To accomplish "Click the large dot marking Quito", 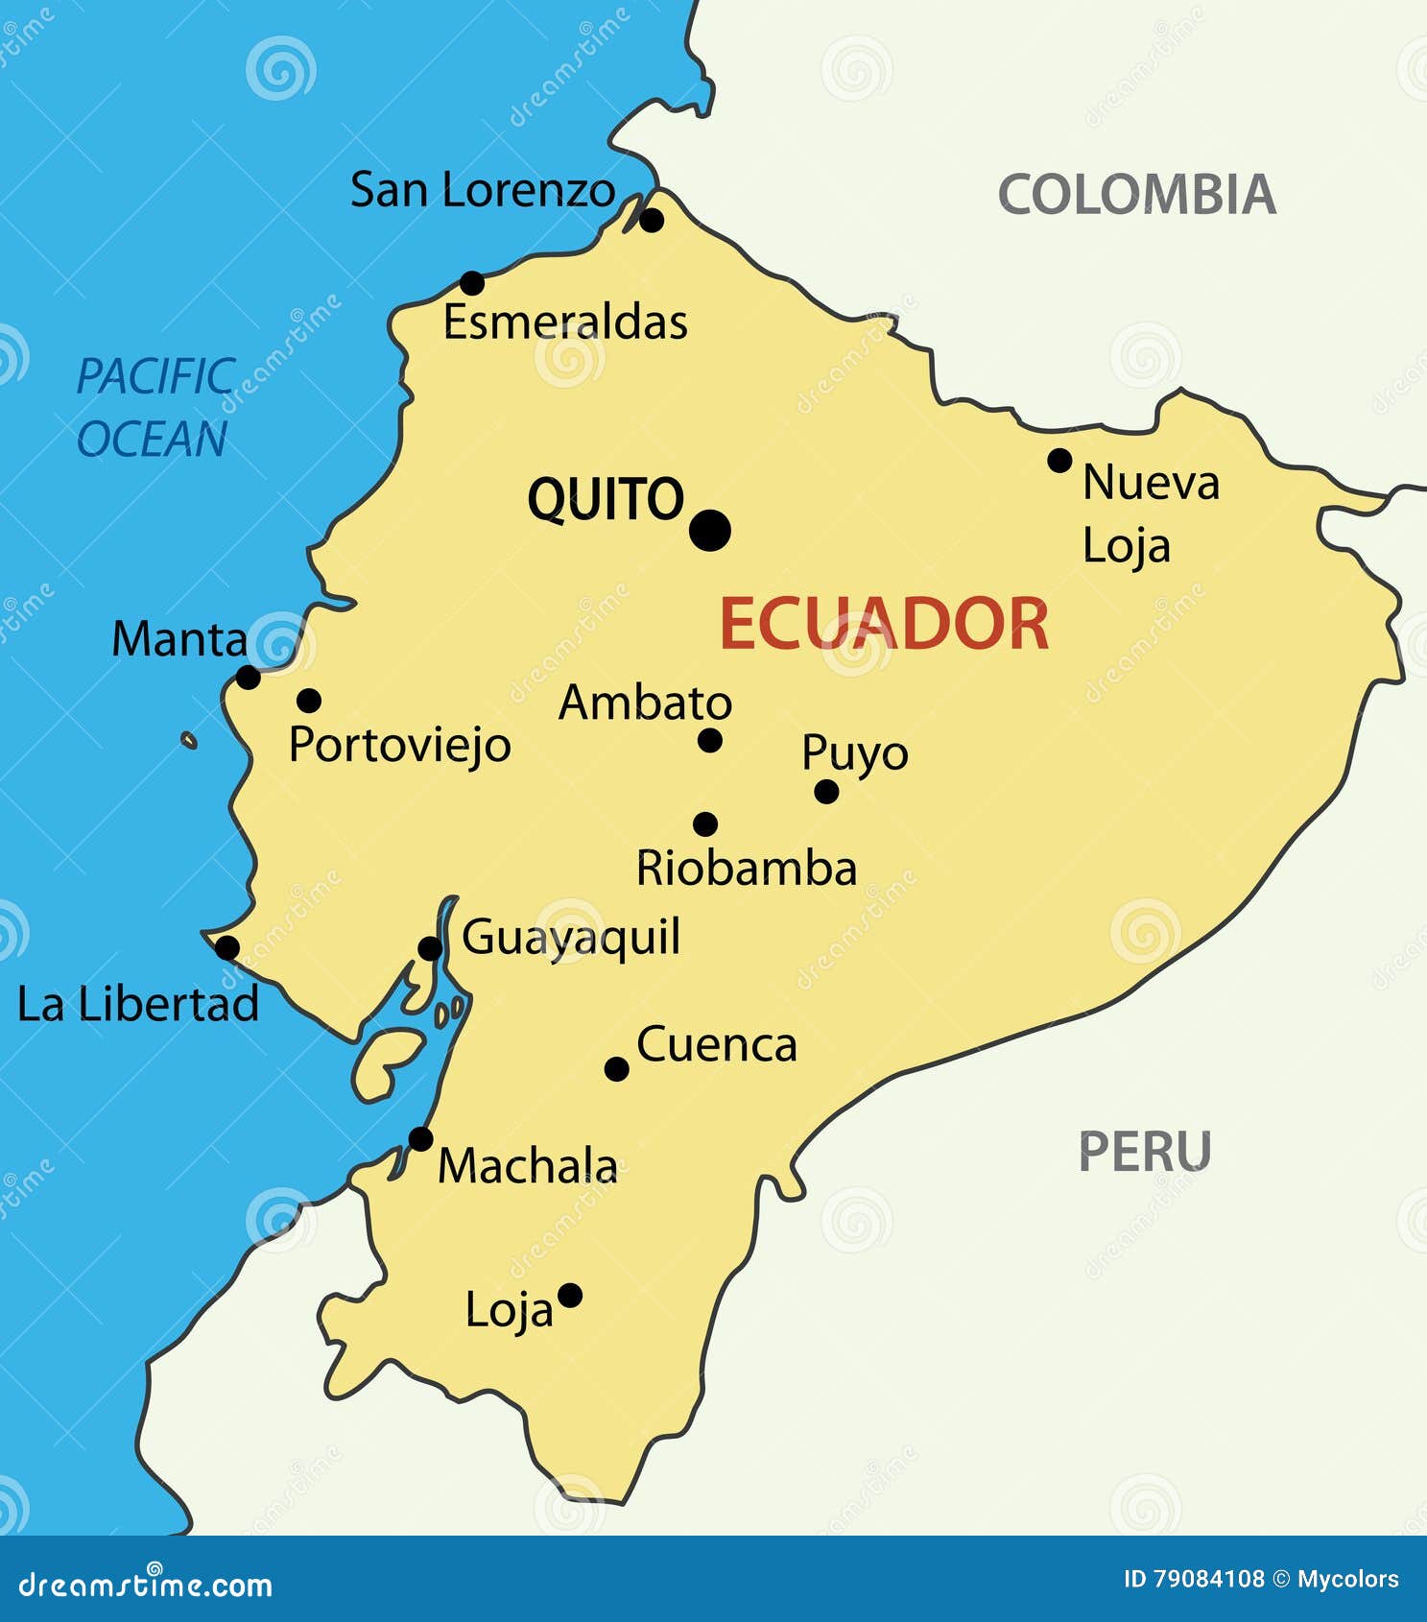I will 710,530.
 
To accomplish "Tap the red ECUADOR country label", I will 884,624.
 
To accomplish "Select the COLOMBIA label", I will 1137,195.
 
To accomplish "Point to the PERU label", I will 1145,1151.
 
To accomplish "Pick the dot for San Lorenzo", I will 652,221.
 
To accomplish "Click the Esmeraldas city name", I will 565,322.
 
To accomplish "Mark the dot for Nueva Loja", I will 1059,461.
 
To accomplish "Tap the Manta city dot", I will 248,678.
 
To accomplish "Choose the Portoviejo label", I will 400,746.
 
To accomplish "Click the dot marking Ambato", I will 710,740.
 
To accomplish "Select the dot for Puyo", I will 826,792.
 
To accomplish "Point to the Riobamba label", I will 747,869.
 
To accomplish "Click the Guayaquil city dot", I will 430,949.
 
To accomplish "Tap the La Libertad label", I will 138,1005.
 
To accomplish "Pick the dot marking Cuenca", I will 617,1068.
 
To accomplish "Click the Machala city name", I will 528,1167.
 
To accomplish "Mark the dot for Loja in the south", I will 570,1296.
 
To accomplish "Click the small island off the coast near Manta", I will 189,740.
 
